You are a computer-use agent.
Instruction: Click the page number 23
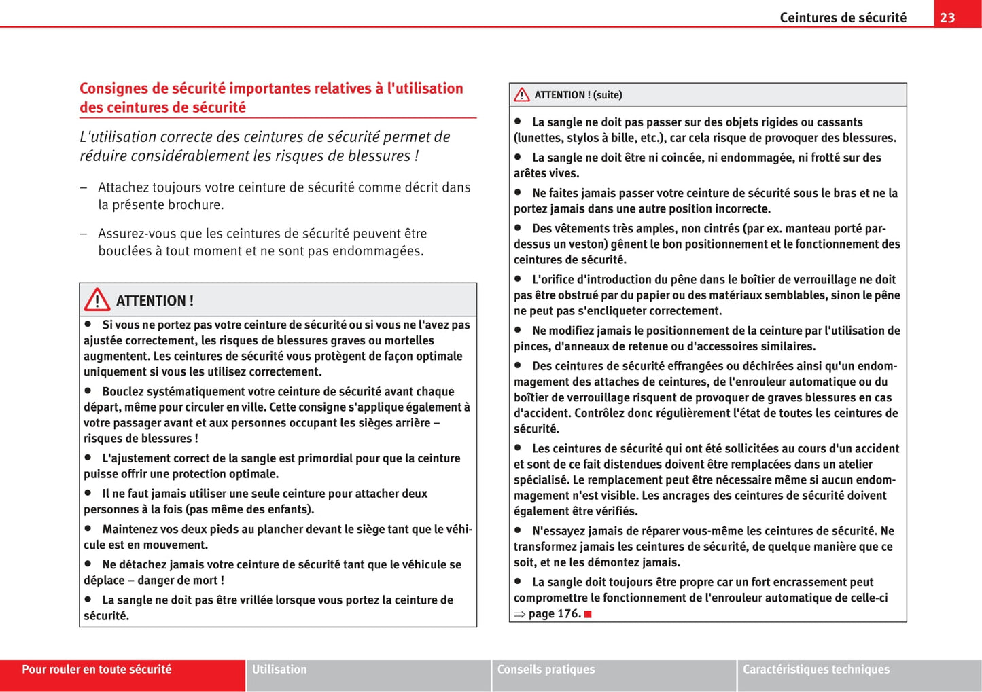tap(947, 18)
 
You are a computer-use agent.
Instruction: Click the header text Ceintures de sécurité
tap(843, 18)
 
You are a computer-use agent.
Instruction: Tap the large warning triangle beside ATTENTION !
tap(97, 299)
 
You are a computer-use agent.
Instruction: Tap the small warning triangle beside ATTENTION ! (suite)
tap(522, 95)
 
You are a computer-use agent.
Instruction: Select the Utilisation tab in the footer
tap(279, 670)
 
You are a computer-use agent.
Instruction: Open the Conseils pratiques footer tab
tap(546, 670)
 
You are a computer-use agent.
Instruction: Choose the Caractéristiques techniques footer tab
tap(816, 670)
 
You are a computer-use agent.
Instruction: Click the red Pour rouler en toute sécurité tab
tap(97, 670)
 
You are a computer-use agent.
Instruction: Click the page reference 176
tap(569, 614)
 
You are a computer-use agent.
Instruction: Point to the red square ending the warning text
tap(588, 614)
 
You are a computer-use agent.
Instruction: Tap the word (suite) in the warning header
tap(608, 95)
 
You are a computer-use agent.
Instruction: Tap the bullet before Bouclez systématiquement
tap(88, 390)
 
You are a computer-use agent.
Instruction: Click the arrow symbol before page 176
tap(520, 614)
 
